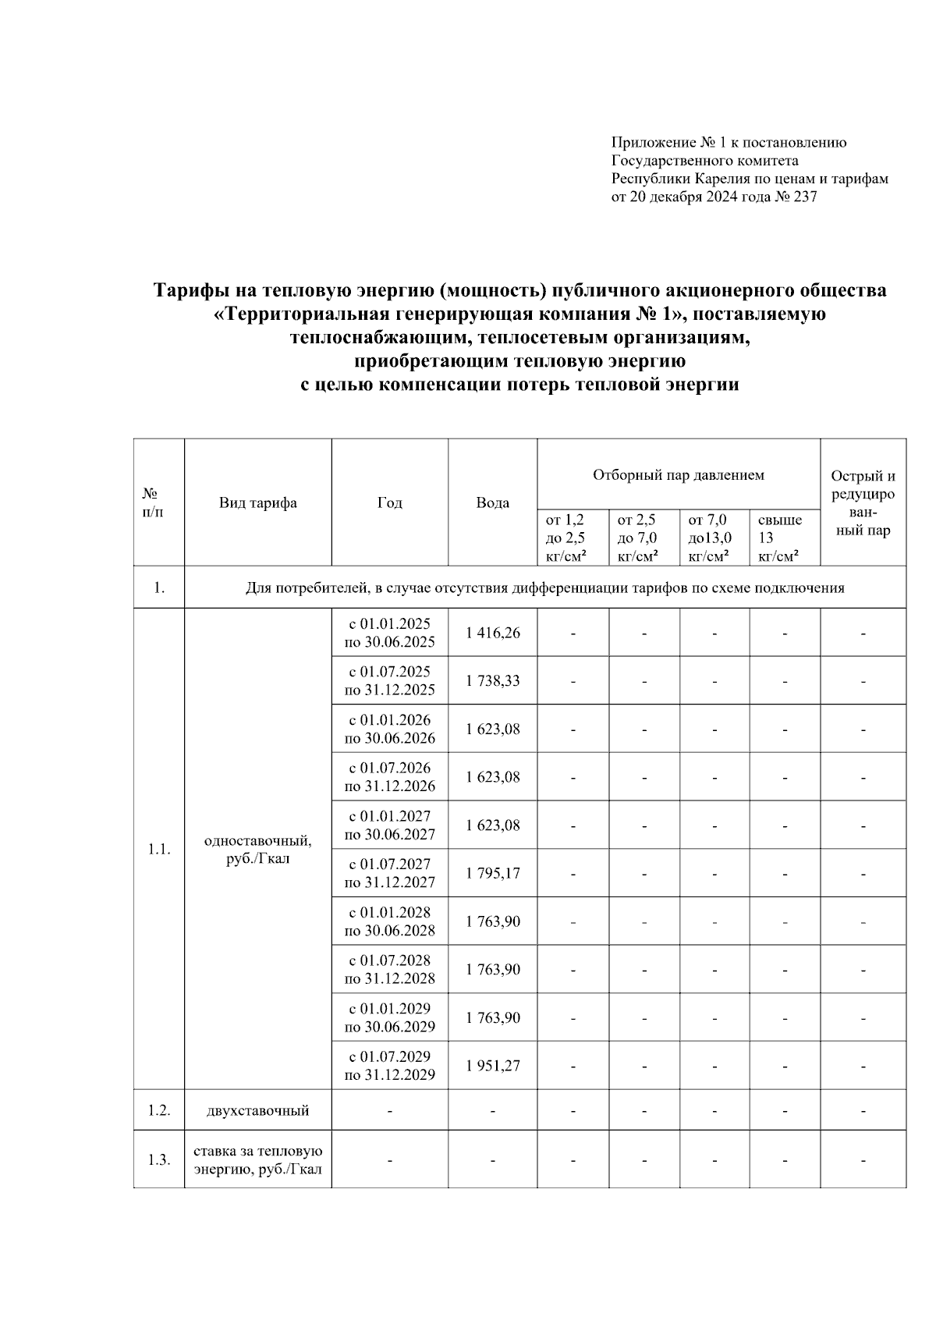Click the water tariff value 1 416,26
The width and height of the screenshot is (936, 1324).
(492, 633)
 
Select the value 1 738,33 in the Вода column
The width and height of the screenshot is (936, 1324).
(492, 681)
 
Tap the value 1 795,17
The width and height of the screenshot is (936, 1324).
(492, 873)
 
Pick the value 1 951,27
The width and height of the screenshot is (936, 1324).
(492, 1066)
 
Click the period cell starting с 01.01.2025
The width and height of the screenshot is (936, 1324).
(389, 633)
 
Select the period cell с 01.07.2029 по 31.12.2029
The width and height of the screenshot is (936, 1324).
(389, 1066)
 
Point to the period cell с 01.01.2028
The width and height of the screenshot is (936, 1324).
(389, 921)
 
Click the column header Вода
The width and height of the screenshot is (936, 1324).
(492, 503)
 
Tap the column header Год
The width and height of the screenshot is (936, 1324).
(389, 503)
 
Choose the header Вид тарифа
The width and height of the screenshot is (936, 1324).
(257, 503)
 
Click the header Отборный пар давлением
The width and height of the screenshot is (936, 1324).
(678, 475)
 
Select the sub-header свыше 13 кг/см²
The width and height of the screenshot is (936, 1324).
(780, 538)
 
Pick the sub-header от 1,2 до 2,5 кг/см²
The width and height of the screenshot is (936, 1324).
(568, 538)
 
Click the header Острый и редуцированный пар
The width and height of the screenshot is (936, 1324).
(863, 503)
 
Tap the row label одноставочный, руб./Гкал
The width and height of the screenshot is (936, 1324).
(257, 850)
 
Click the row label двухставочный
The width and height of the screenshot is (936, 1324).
(257, 1110)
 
